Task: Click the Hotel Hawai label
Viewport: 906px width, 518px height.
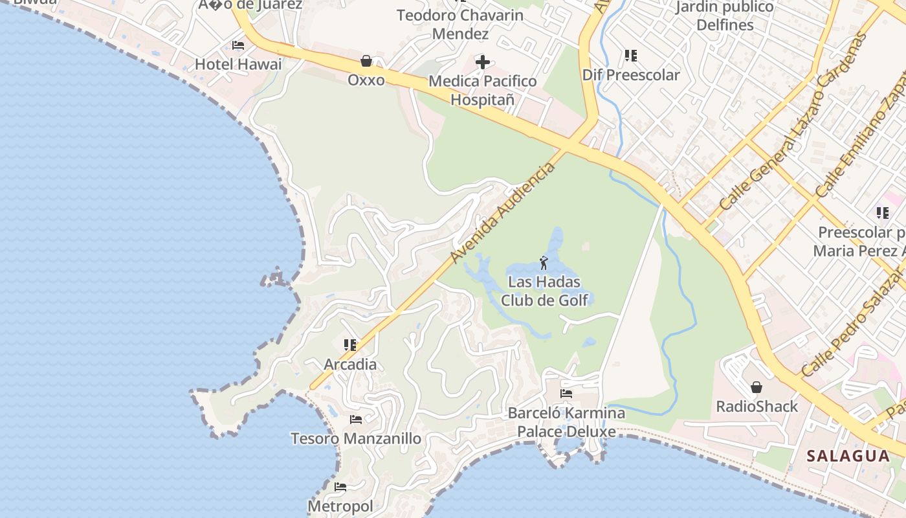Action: tap(238, 64)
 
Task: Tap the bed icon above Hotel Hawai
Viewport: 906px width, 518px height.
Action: tap(238, 45)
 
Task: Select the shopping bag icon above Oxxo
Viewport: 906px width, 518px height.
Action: tap(366, 61)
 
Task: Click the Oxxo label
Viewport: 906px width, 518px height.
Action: tap(366, 80)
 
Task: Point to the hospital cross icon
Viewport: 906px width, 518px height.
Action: tap(483, 62)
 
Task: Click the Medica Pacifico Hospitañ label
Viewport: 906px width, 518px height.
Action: tap(483, 91)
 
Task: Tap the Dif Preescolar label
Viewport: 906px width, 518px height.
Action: tap(631, 74)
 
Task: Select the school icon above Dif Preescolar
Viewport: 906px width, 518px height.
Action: tap(631, 56)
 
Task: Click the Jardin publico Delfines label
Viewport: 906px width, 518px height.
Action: tap(724, 16)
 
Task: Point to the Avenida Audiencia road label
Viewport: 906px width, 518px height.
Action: tap(502, 214)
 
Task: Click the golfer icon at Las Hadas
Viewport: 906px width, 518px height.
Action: tap(544, 263)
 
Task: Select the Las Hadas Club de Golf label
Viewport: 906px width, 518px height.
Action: tap(544, 291)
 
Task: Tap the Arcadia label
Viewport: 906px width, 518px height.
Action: tap(350, 364)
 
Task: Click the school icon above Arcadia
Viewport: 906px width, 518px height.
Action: tap(350, 344)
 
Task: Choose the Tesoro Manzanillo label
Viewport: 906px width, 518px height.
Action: tap(356, 438)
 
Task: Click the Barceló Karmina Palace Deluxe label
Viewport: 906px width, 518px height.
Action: tap(566, 422)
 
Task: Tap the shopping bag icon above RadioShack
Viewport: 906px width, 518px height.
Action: tap(757, 387)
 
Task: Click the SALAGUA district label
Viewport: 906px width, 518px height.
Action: tap(848, 456)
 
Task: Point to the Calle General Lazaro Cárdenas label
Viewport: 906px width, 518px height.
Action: tap(793, 121)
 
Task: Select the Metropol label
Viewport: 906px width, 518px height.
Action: tap(340, 506)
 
